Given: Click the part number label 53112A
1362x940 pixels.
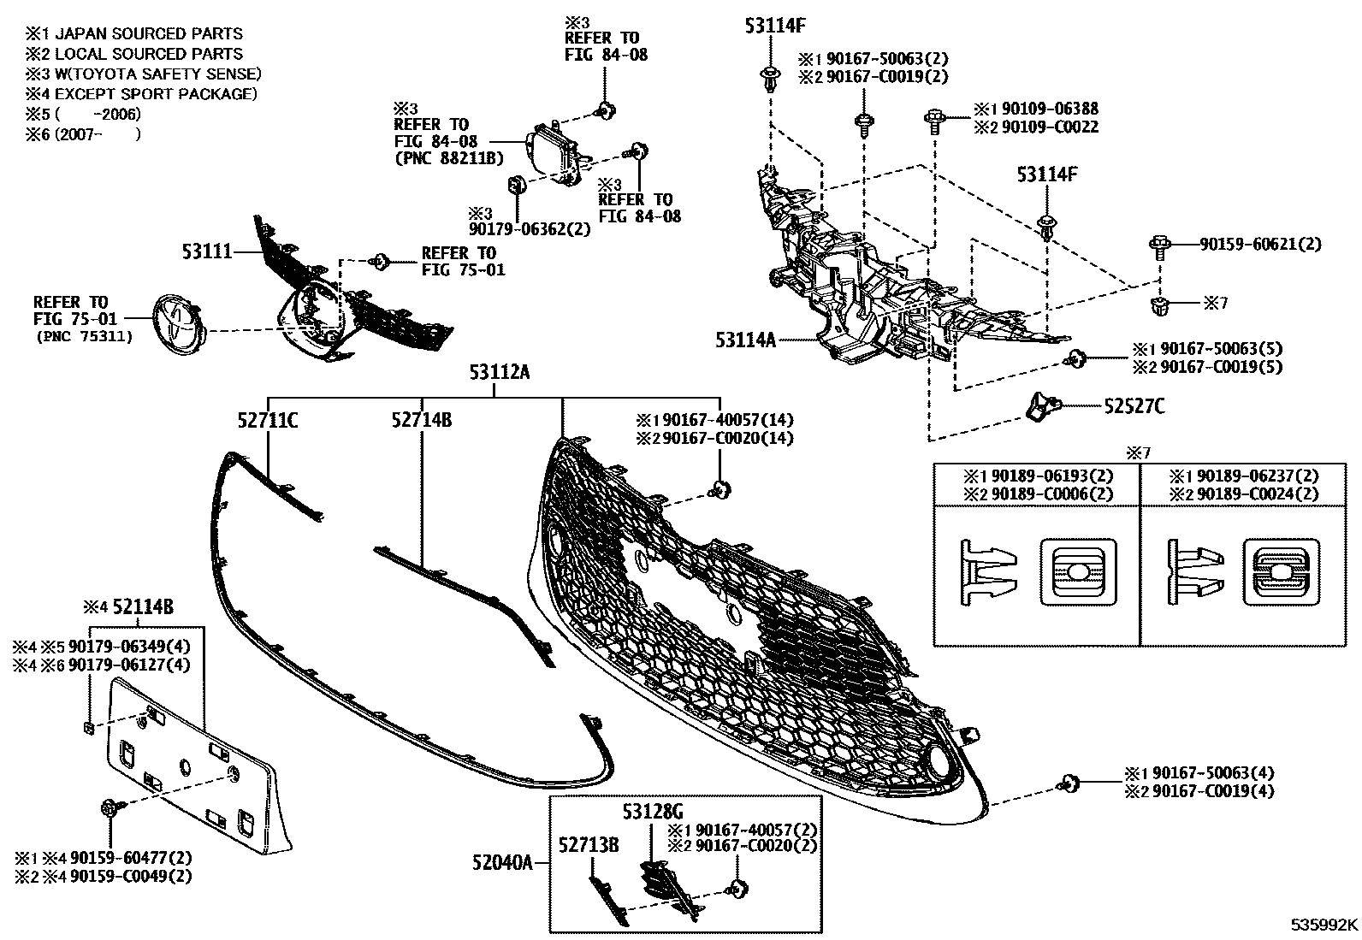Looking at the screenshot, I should pos(499,372).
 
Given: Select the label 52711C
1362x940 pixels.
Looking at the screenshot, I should pos(268,420).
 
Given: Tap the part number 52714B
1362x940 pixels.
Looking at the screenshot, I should pos(422,420).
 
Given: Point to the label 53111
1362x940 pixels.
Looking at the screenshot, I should pos(206,252).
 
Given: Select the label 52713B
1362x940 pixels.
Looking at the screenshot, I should pos(589,846).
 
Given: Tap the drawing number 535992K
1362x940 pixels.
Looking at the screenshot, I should pos(1324,925).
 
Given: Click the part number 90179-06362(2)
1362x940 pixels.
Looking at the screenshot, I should pos(530,230).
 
